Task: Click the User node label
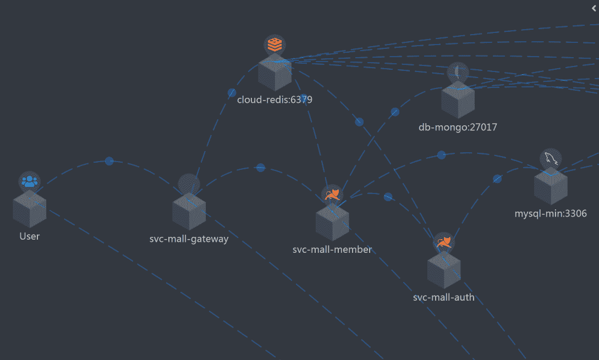pyautogui.click(x=30, y=236)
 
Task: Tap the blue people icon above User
pyautogui.click(x=30, y=180)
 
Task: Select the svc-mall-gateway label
pyautogui.click(x=189, y=239)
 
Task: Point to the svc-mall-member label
pyautogui.click(x=332, y=250)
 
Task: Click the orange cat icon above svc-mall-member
pyautogui.click(x=332, y=194)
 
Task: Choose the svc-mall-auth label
pyautogui.click(x=443, y=298)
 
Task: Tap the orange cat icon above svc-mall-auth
pyautogui.click(x=443, y=242)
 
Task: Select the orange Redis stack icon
pyautogui.click(x=274, y=44)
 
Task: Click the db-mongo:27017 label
pyautogui.click(x=458, y=128)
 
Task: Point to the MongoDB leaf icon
pyautogui.click(x=458, y=71)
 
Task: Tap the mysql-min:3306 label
pyautogui.click(x=551, y=213)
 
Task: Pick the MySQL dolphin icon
pyautogui.click(x=550, y=158)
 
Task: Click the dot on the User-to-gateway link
pyautogui.click(x=109, y=161)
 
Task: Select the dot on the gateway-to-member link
pyautogui.click(x=261, y=168)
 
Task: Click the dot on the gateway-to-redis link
pyautogui.click(x=232, y=93)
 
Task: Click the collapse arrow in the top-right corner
pyautogui.click(x=593, y=8)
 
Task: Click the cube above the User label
pyautogui.click(x=30, y=209)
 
